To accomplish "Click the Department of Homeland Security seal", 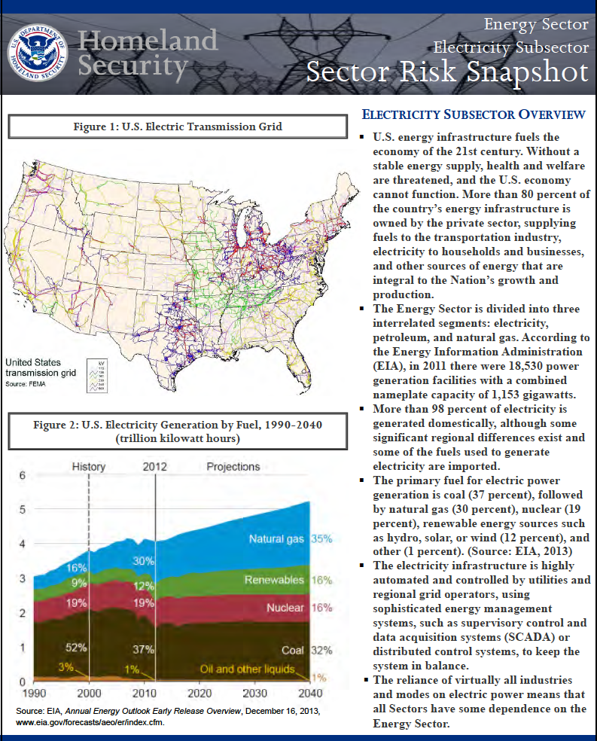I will coord(37,53).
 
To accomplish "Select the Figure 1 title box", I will coord(178,126).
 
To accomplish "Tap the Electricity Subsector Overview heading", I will coord(474,114).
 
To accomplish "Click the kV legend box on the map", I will coord(96,374).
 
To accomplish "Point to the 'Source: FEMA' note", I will coord(26,384).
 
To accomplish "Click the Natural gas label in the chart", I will coord(277,539).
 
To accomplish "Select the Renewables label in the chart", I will coord(274,581).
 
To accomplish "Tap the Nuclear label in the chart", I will coord(285,607).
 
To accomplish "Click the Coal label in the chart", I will coord(293,649).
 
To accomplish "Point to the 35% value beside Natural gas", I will coord(321,539).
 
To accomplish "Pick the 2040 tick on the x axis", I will coord(309,693).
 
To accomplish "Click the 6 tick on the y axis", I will coord(22,476).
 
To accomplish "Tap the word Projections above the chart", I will coord(233,467).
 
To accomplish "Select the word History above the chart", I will coord(88,467).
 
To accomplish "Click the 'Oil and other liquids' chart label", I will coord(247,669).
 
